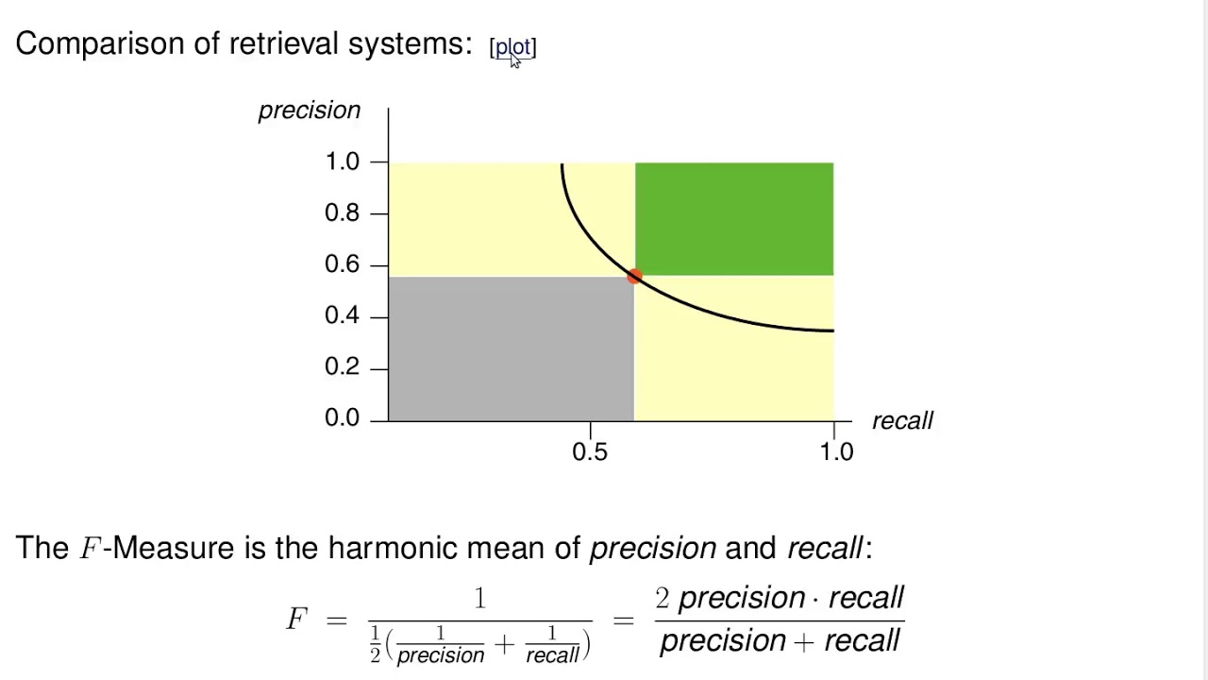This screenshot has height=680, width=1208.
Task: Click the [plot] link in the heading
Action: tap(512, 47)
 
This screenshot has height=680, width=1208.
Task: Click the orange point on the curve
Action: tap(634, 276)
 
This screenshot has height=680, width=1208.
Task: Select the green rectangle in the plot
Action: tap(734, 218)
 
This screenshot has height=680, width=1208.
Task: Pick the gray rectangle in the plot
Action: tap(511, 348)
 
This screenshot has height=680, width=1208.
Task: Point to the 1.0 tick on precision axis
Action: tap(342, 161)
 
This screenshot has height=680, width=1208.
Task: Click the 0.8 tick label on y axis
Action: tap(342, 212)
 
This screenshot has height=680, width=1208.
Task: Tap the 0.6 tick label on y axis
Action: tap(342, 264)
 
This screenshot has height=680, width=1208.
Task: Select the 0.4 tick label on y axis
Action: tap(342, 315)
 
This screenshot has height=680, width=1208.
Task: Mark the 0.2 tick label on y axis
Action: tap(342, 366)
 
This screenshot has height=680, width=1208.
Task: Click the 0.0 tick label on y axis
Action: tap(342, 417)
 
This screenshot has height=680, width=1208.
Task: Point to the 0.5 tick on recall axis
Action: tap(590, 451)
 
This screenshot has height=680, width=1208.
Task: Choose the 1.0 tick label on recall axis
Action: tap(836, 451)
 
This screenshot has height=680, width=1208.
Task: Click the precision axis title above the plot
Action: tap(310, 110)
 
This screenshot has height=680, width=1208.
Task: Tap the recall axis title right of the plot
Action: tap(902, 421)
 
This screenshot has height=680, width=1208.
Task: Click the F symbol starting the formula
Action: tap(296, 620)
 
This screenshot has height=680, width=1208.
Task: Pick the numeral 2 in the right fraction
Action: tap(663, 598)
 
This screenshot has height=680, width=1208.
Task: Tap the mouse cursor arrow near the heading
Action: tap(515, 60)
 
